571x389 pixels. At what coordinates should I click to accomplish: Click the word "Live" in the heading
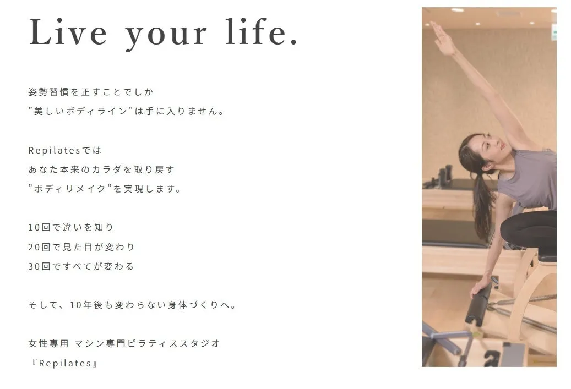(x=68, y=32)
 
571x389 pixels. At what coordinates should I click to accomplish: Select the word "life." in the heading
(x=262, y=32)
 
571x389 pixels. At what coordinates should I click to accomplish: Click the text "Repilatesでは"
(x=65, y=150)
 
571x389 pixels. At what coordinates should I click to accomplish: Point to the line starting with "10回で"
(x=71, y=227)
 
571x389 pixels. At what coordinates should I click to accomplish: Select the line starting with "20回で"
(x=81, y=247)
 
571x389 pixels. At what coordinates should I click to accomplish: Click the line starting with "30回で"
(x=81, y=266)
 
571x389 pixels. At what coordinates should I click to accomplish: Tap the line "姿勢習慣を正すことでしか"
(x=91, y=92)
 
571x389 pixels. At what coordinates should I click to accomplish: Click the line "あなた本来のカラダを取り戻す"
(x=101, y=169)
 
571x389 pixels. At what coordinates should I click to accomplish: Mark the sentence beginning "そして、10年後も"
(x=133, y=305)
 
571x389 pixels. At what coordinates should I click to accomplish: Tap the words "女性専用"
(x=48, y=343)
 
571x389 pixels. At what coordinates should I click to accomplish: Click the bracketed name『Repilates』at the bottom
(x=64, y=363)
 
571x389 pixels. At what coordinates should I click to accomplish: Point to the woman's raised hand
(x=442, y=37)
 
